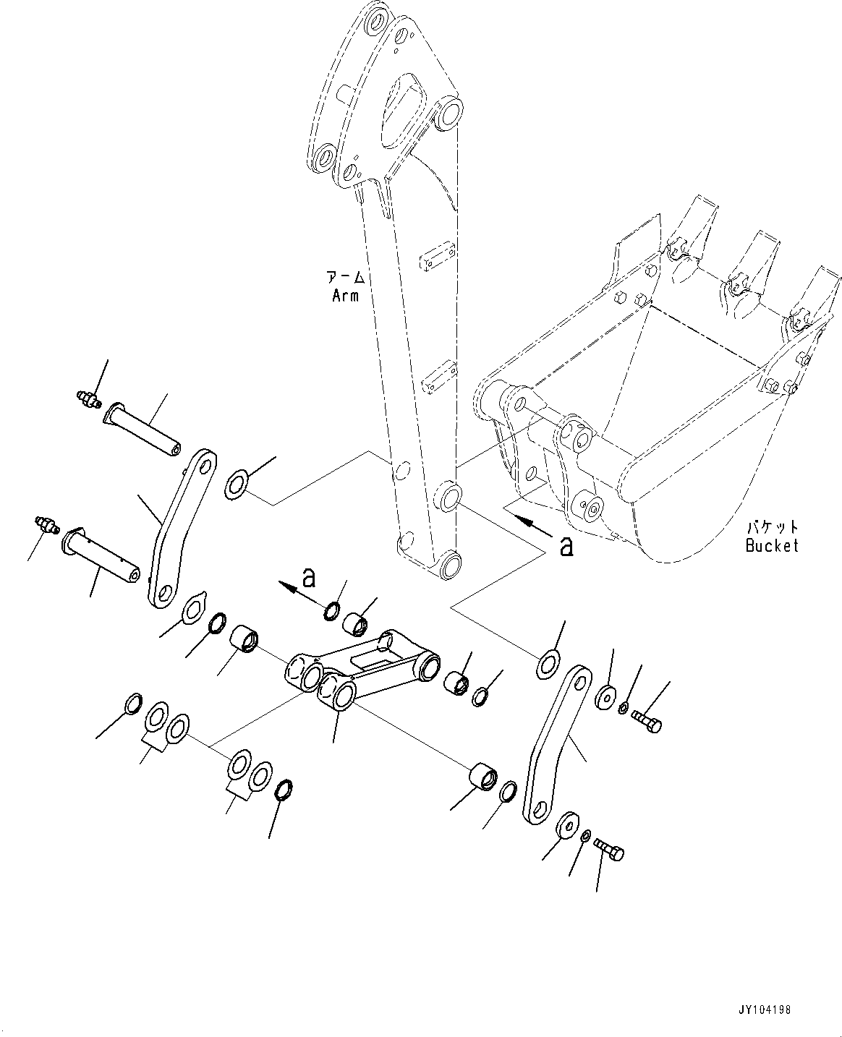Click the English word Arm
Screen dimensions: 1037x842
coord(345,295)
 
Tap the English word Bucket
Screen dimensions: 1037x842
coord(772,545)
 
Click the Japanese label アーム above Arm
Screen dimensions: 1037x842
coord(345,277)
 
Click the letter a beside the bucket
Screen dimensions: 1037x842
coord(566,546)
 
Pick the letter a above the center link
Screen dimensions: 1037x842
coord(309,577)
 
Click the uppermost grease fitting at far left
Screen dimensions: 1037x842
coord(88,398)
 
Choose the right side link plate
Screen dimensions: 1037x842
coord(554,745)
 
